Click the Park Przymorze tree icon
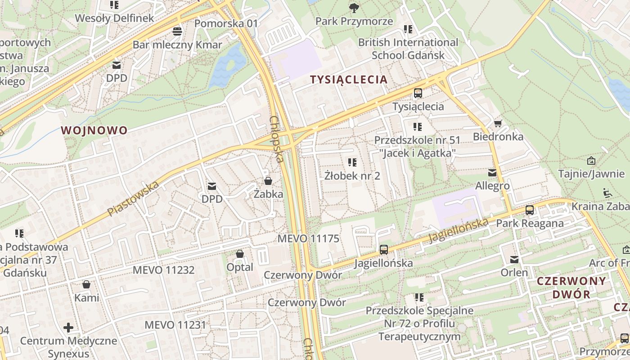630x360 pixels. point(354,8)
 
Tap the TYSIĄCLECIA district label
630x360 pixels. point(349,80)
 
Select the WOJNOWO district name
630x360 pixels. point(94,130)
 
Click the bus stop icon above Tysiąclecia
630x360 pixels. point(418,93)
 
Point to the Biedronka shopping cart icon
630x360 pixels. point(498,123)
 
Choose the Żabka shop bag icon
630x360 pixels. point(268,181)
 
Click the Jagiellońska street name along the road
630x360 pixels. point(459,230)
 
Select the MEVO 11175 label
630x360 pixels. point(308,238)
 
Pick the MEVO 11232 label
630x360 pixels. point(163,270)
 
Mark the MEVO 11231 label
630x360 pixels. point(175,325)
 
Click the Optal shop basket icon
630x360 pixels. point(240,254)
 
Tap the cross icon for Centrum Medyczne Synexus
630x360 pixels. point(68,327)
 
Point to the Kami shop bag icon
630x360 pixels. point(86,284)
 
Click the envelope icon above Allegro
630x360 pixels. point(492,172)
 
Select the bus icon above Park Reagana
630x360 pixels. point(530,210)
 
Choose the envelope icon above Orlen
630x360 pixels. point(514,259)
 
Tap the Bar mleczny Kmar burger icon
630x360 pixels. point(177,31)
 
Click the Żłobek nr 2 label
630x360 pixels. point(352,175)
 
